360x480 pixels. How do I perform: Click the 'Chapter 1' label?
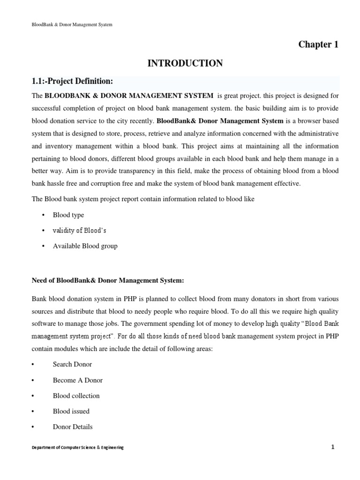point(318,45)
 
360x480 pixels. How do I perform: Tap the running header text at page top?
point(72,24)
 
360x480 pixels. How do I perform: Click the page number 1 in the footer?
point(332,447)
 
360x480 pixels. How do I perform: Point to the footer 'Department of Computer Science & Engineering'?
point(77,448)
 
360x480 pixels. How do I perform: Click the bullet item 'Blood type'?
point(68,215)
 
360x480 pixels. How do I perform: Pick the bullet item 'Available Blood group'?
point(85,246)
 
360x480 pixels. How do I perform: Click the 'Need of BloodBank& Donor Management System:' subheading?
point(108,280)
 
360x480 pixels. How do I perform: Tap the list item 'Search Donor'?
point(72,364)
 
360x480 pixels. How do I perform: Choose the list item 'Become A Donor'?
point(77,380)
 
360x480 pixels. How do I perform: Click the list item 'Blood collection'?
point(76,396)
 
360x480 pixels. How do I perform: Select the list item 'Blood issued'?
point(71,411)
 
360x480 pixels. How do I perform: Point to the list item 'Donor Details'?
point(73,427)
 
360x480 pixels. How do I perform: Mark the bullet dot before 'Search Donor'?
point(33,364)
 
